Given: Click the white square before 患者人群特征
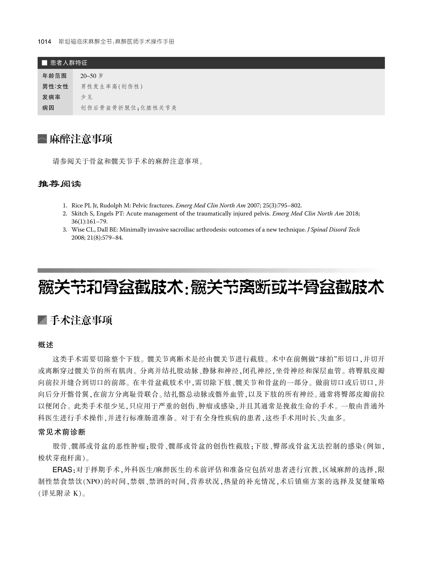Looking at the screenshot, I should click(44, 63).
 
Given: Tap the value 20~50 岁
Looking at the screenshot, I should click(92, 76).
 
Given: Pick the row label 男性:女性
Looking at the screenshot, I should click(55, 87).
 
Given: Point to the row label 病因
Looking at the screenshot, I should click(48, 108).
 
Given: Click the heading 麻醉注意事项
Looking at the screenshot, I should click(81, 139).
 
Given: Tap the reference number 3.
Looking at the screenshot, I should click(65, 230).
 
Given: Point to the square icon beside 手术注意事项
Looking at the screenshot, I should click(42, 320).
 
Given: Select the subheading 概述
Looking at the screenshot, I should click(46, 345).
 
